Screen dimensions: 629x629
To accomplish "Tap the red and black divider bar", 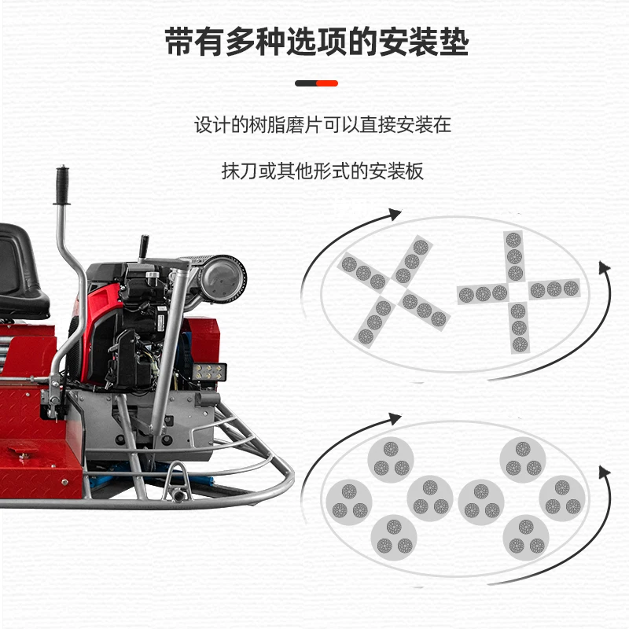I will click(x=316, y=83).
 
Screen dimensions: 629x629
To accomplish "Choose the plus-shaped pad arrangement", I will click(x=515, y=291).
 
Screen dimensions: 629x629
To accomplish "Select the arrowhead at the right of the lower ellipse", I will click(x=604, y=472).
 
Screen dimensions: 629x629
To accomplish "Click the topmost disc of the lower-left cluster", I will click(x=391, y=458).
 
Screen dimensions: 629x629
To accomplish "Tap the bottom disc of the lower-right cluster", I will click(x=526, y=536).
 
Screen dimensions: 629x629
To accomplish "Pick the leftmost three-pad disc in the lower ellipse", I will click(x=350, y=499).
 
